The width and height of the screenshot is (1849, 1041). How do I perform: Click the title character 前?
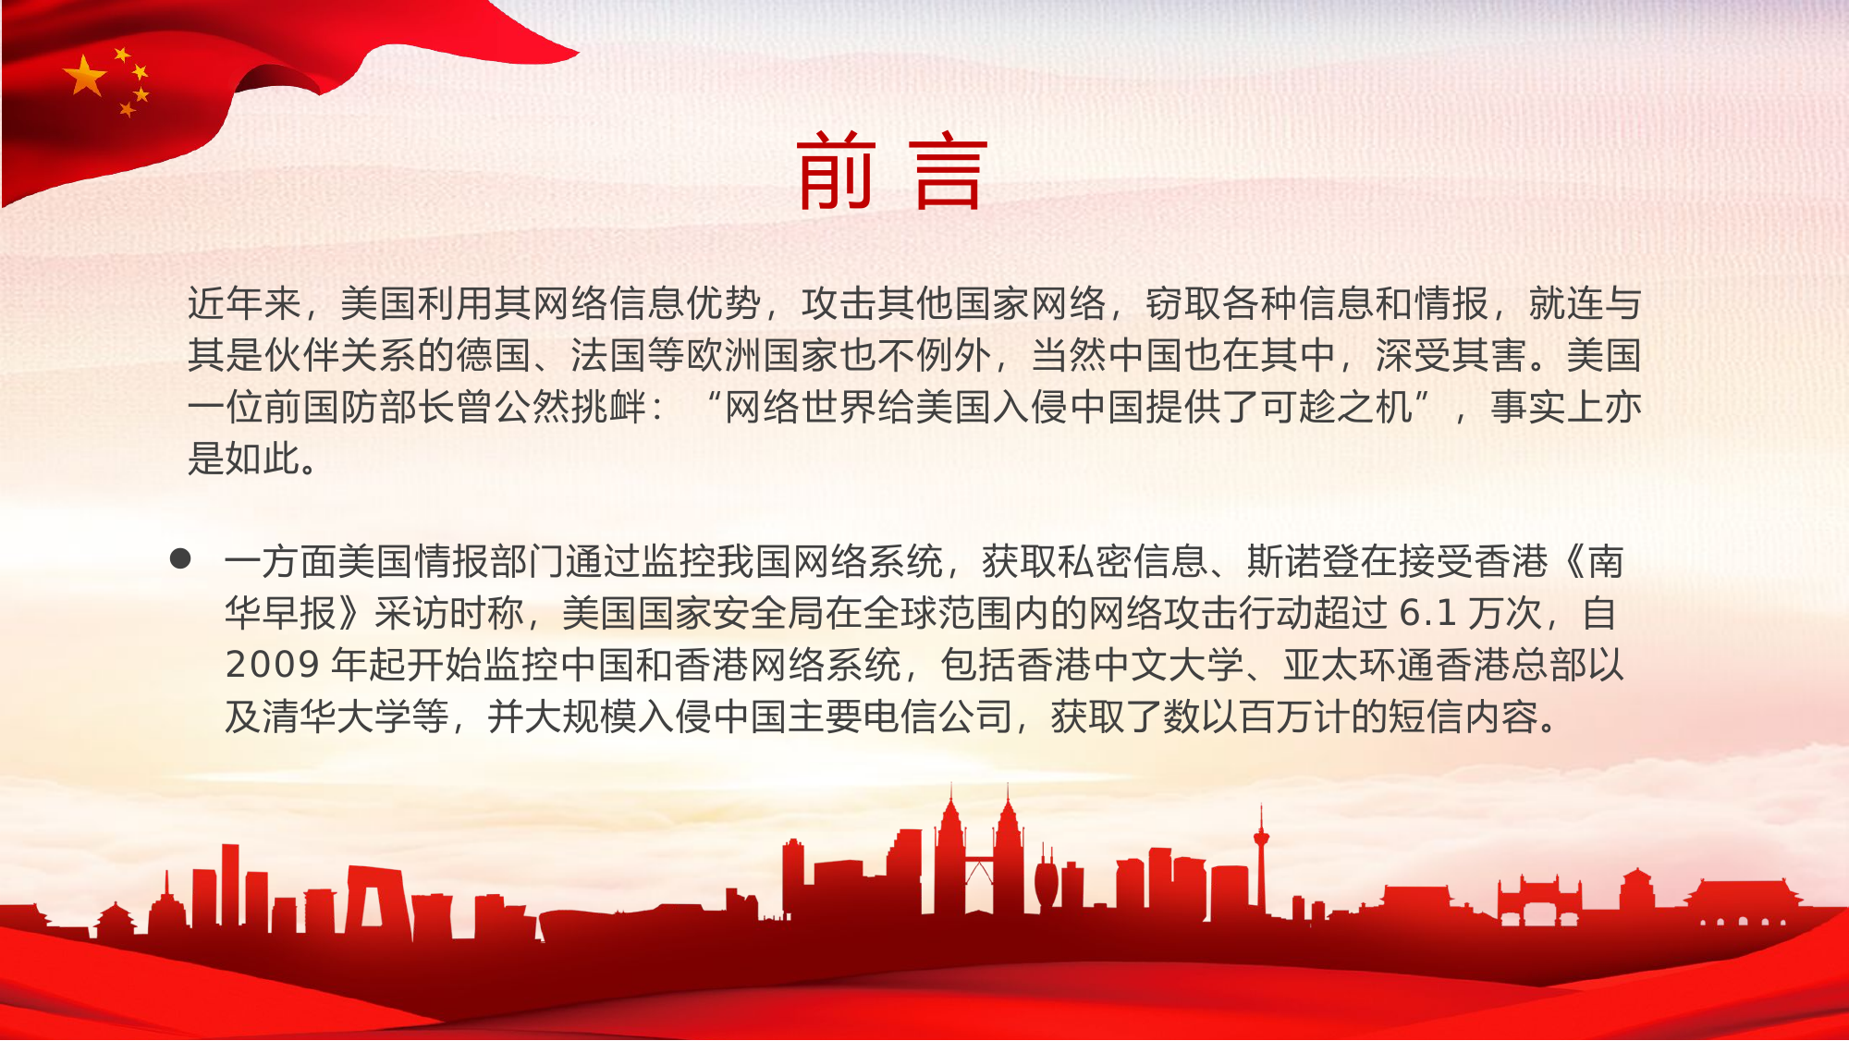coord(836,170)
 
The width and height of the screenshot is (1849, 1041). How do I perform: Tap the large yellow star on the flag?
coord(85,76)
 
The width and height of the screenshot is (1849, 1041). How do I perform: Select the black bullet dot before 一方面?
coord(180,558)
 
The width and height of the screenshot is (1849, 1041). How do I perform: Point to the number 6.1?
coord(1427,613)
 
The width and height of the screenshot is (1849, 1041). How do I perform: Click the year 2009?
coord(272,665)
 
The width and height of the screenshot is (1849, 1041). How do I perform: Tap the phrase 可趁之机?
coord(1337,407)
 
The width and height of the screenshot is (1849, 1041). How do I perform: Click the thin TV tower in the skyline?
coord(1259,860)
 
